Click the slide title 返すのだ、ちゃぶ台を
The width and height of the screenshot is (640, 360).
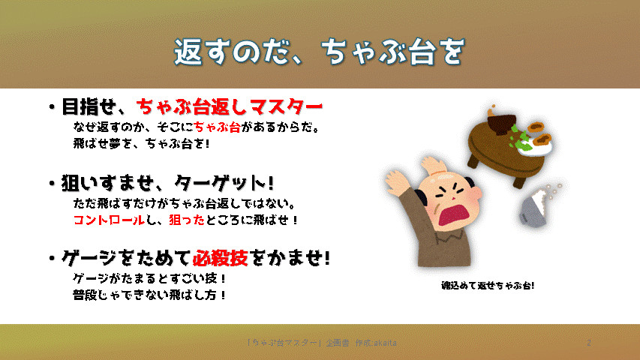click(319, 52)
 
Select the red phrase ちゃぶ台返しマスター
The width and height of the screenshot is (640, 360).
click(230, 107)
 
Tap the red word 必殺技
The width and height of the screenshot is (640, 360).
click(221, 258)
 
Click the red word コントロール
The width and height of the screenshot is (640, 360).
click(109, 220)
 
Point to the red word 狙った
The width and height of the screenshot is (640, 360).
click(187, 220)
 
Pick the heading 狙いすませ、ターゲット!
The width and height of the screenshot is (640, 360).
click(167, 183)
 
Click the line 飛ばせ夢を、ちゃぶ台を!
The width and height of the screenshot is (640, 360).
click(142, 144)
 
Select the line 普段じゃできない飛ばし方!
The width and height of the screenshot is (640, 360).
click(149, 295)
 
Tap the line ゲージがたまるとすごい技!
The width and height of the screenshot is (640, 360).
click(149, 278)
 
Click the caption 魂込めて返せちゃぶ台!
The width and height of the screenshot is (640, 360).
click(488, 285)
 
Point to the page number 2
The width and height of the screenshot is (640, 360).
click(588, 343)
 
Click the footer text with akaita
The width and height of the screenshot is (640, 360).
click(322, 343)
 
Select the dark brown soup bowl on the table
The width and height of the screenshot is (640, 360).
click(502, 124)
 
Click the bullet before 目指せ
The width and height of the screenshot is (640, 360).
click(52, 107)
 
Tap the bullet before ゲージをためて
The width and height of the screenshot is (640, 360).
click(52, 258)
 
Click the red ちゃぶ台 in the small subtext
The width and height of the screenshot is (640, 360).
click(217, 127)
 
